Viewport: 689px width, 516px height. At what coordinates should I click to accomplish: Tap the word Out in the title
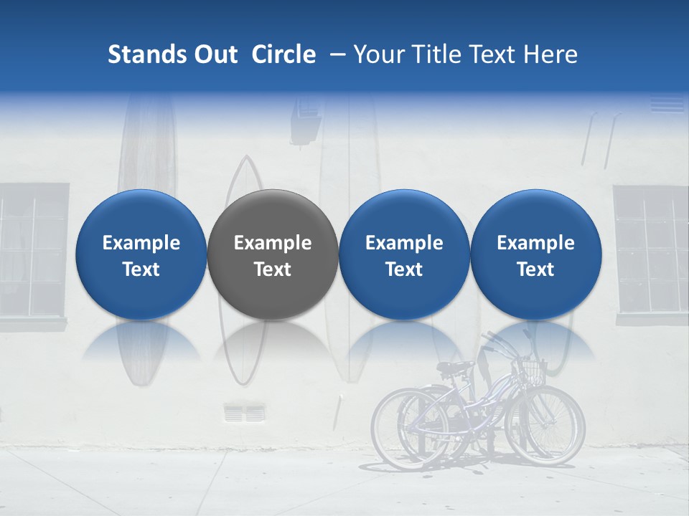pos(213,54)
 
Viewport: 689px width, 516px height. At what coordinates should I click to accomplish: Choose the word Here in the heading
pos(552,54)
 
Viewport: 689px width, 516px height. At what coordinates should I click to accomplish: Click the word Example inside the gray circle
pos(272,243)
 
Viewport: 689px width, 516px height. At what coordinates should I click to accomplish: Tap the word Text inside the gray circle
pos(272,269)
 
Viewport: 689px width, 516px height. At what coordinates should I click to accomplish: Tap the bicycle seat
pos(454,368)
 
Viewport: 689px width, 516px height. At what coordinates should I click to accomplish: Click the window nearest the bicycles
pos(650,251)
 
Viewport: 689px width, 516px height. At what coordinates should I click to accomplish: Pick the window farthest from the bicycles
pos(32,251)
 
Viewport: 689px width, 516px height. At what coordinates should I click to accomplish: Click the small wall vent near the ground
pos(244,414)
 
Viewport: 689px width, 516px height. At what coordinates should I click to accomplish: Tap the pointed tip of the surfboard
pos(246,159)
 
